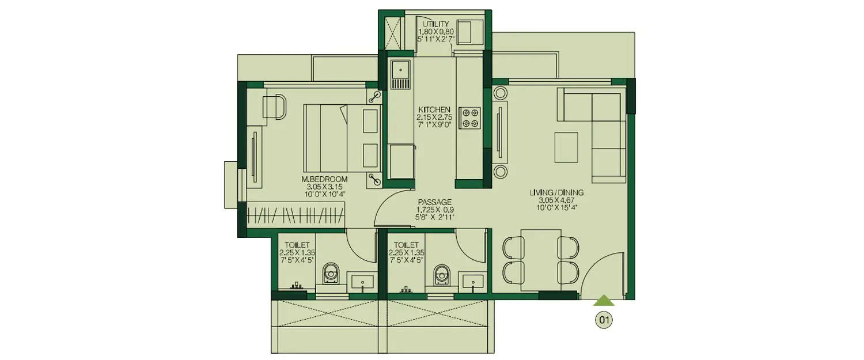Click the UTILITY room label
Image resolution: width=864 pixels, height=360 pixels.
(x=435, y=24)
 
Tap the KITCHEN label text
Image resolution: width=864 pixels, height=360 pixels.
(x=434, y=109)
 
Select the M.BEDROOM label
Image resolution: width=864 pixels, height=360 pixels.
(x=325, y=179)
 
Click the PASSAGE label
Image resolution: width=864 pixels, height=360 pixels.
(x=435, y=202)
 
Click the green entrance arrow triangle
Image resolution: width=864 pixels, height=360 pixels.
(x=604, y=300)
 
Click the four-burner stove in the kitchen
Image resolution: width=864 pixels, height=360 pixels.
(x=469, y=117)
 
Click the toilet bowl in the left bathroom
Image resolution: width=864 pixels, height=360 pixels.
(x=331, y=274)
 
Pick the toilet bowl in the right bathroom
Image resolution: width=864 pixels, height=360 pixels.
(x=442, y=274)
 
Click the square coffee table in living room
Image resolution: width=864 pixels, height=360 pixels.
(x=566, y=147)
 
